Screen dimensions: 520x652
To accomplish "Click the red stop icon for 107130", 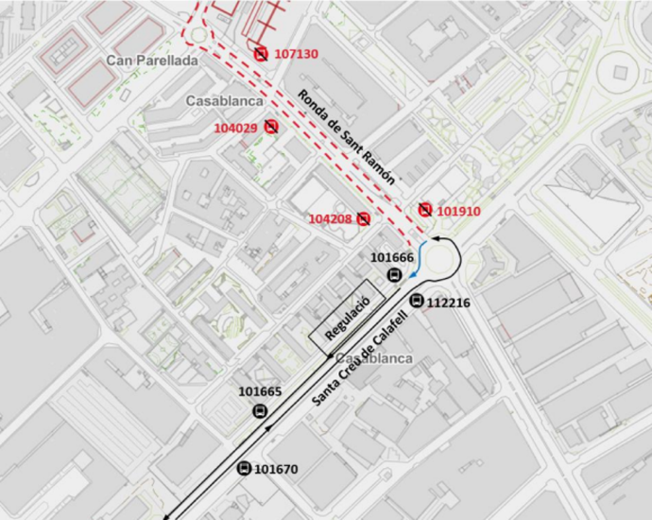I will [x=261, y=54].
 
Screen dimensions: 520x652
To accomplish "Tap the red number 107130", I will [x=296, y=54].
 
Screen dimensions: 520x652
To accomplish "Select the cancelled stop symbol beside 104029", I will [x=271, y=126].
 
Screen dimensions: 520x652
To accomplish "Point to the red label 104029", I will [x=235, y=128].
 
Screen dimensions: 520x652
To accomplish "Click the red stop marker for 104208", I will [x=363, y=218].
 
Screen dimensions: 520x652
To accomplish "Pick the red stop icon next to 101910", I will [x=426, y=209].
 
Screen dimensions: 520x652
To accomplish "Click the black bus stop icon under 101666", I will [x=393, y=275].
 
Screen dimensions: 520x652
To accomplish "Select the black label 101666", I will [x=392, y=257].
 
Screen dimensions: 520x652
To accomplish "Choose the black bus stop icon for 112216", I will [x=417, y=301].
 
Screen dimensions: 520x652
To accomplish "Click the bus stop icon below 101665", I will [x=260, y=410].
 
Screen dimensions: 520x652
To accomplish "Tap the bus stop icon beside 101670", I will [x=244, y=468].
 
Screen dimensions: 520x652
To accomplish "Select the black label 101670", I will [x=276, y=468].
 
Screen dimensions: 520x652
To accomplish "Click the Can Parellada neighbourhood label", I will [x=151, y=61].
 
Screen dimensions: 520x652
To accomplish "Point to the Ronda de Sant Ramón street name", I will [x=346, y=136].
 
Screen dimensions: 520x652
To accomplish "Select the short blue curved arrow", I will [x=420, y=260].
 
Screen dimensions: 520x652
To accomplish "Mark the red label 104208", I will [x=330, y=219].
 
